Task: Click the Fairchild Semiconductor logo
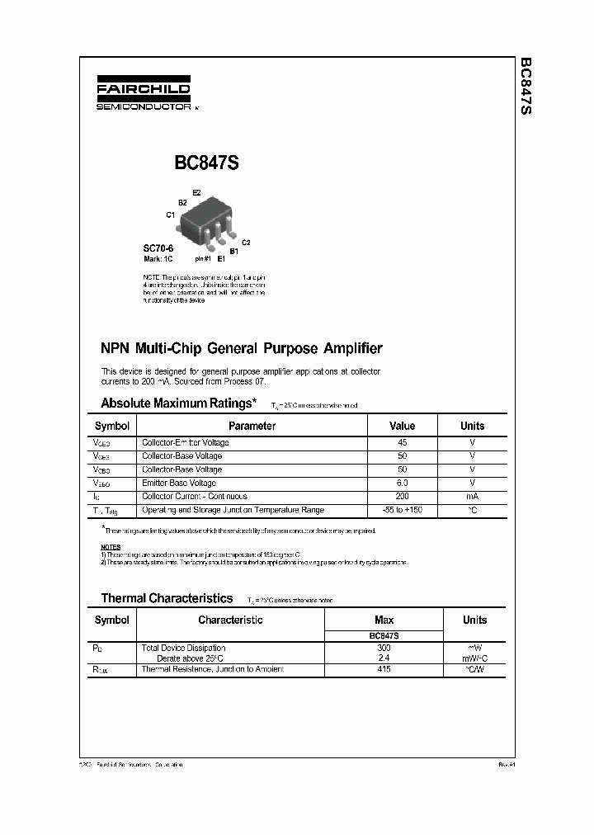point(143,94)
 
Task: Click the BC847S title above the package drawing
point(206,163)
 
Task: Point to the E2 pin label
point(196,192)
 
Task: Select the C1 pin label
point(171,215)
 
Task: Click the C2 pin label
point(246,242)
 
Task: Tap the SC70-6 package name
point(158,248)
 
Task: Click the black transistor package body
point(206,219)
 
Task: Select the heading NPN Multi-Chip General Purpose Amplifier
point(241,348)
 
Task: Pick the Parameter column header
point(252,426)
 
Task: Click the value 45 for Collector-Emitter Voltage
point(402,442)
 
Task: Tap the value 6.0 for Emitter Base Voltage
point(402,483)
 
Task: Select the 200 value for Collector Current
point(402,496)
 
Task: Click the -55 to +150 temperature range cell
point(402,510)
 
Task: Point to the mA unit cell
point(472,496)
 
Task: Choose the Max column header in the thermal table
point(384,620)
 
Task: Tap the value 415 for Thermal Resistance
point(384,668)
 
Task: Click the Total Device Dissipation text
point(183,648)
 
